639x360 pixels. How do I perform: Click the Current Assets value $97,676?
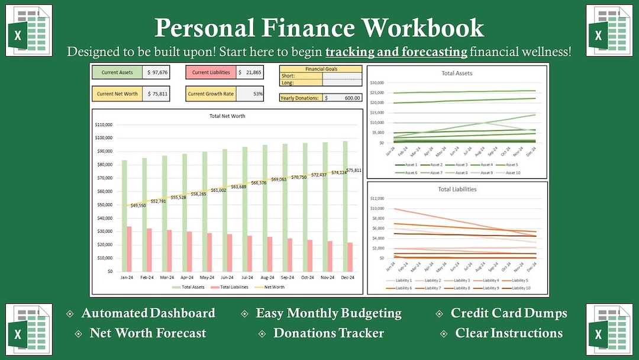tap(156, 72)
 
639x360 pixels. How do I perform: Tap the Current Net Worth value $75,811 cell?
tap(156, 94)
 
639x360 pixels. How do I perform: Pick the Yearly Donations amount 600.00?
tap(343, 98)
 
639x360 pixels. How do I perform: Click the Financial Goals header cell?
tap(321, 69)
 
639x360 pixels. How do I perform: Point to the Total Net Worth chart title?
tap(227, 116)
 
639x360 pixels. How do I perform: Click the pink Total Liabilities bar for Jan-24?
tap(129, 248)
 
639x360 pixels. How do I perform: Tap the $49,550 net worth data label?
tap(138, 205)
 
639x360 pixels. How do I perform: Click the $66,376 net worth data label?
tap(259, 183)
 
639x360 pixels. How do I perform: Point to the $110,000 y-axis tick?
tap(104, 124)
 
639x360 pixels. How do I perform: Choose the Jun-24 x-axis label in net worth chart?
tap(226, 277)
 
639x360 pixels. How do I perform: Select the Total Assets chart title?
tap(457, 73)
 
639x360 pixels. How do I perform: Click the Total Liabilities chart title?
tap(457, 189)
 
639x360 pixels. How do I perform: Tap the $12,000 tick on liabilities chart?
tap(376, 198)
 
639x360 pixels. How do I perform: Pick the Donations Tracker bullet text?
tap(328, 333)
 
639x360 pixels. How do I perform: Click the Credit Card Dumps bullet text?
tap(509, 313)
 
